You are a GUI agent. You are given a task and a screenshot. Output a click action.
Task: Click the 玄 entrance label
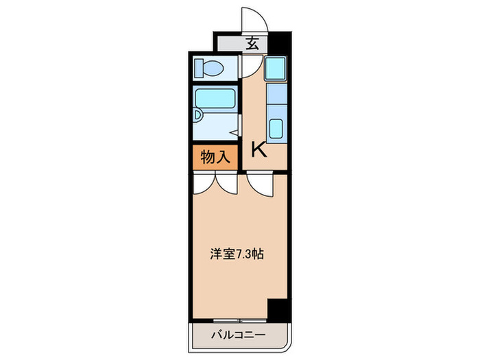(252, 45)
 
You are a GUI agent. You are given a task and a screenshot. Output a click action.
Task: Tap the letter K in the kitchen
(259, 149)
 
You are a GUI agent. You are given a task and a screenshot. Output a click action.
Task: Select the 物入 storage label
(215, 157)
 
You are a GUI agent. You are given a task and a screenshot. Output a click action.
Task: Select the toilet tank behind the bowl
(200, 68)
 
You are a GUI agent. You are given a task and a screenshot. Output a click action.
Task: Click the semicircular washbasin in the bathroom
(197, 115)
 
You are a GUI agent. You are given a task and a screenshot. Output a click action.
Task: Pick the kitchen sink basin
(276, 128)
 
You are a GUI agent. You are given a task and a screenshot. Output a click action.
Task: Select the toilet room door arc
(248, 67)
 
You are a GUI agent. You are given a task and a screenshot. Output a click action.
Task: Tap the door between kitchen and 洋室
(259, 183)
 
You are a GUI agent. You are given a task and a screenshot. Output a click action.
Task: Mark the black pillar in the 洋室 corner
(277, 309)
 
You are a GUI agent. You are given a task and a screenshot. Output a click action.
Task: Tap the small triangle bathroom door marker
(235, 132)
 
